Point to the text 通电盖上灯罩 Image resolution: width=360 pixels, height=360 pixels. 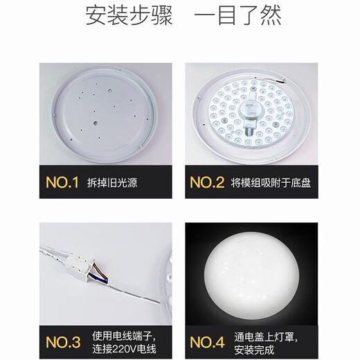[264, 334]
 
